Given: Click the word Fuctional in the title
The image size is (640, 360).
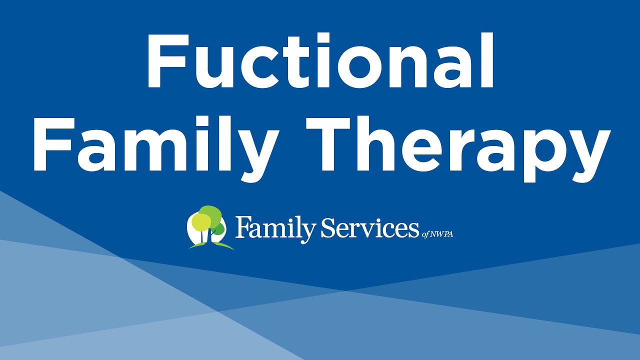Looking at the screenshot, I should (x=320, y=61).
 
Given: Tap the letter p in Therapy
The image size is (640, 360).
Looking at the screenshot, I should (x=544, y=152).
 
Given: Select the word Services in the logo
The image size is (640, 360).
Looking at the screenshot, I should (x=370, y=229).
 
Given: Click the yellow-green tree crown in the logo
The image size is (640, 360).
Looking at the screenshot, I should (x=201, y=221).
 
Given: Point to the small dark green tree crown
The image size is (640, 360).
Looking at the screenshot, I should (x=218, y=229).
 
